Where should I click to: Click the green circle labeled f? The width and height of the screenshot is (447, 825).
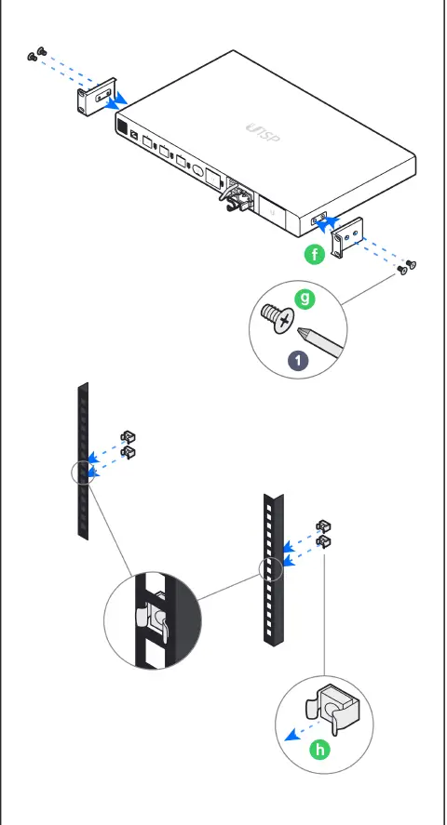316,255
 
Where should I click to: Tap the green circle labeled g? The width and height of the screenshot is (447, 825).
303,299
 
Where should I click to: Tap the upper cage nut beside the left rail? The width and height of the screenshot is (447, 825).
129,436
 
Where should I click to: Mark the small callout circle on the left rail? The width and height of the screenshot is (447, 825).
83,472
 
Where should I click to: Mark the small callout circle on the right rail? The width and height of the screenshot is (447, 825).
270,568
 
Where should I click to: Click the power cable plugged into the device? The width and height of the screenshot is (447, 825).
234,198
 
